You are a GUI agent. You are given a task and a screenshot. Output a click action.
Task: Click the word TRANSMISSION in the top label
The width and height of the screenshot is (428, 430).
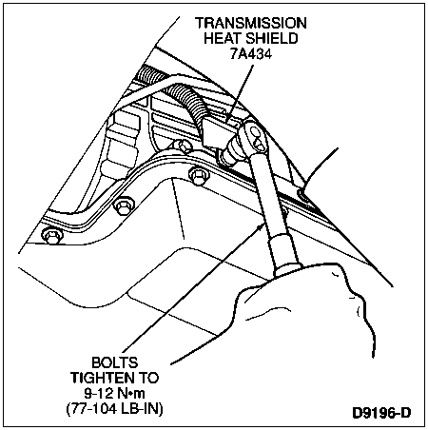coord(250,23)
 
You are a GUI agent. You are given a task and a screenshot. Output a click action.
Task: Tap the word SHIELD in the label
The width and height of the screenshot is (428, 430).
coord(272,38)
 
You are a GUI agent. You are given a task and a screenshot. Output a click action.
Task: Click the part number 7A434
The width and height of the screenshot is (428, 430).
coord(251,54)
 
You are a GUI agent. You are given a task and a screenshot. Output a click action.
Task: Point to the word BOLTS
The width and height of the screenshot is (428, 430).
coord(114,362)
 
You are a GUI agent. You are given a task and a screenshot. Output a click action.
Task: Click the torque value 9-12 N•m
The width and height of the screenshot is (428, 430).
coord(114,394)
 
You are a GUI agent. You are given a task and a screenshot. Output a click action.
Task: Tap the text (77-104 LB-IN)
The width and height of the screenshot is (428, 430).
coord(114,409)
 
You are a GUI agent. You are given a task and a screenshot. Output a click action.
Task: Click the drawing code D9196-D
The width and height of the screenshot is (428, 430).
coord(381,413)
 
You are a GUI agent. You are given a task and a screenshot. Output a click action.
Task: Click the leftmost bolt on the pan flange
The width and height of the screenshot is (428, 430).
coord(51,236)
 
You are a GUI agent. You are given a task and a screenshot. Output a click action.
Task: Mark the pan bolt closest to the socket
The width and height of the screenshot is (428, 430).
coord(199,175)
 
